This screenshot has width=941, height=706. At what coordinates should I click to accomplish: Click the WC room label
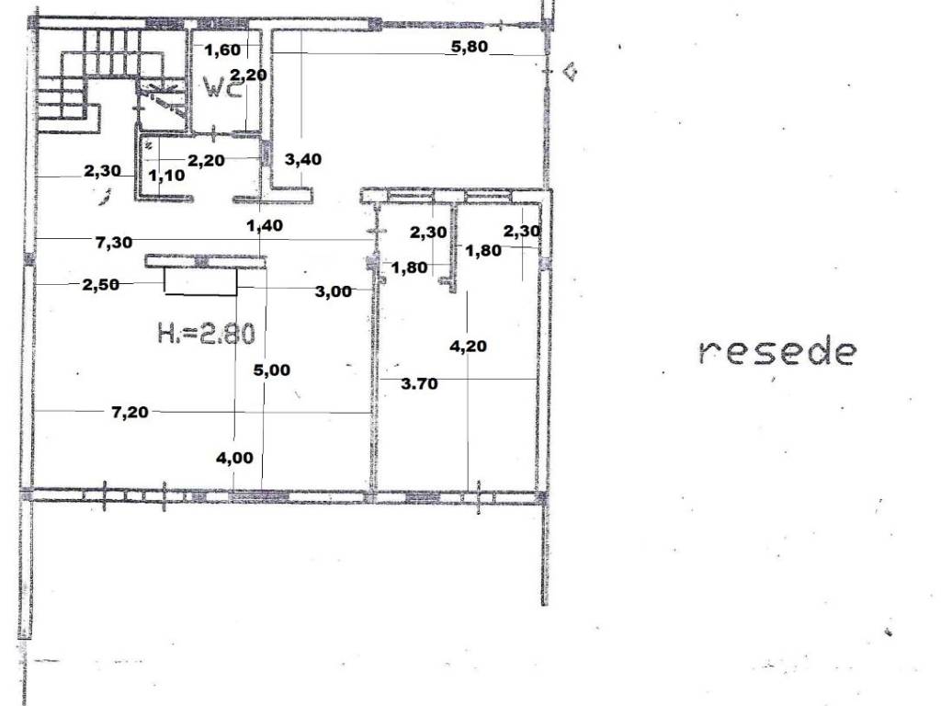[x=223, y=87]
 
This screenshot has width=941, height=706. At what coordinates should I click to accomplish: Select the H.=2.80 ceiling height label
[x=207, y=333]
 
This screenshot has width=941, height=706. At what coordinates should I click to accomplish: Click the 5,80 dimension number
[x=470, y=46]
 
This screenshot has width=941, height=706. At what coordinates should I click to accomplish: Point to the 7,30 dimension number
[x=114, y=242]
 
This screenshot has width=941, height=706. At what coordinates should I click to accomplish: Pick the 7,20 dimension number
[x=130, y=412]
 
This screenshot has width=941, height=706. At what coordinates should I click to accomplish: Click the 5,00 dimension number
[x=271, y=370]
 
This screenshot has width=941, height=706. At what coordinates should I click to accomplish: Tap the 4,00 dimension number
[x=234, y=458]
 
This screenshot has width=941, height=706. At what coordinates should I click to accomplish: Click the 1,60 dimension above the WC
[x=222, y=50]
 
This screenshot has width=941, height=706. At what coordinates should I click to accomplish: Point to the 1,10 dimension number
[x=167, y=176]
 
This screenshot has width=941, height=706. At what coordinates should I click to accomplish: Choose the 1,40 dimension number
[x=265, y=226]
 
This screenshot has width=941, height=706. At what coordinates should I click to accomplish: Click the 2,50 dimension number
[x=101, y=284]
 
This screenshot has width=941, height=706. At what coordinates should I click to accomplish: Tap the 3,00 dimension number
[x=333, y=291]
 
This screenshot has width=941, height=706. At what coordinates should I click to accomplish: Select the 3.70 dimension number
[x=419, y=383]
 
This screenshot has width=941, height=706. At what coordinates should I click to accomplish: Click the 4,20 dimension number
[x=468, y=346]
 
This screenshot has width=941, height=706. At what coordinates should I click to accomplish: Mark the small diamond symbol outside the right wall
[x=570, y=72]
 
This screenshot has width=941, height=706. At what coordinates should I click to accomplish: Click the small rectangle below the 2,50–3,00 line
[x=200, y=281]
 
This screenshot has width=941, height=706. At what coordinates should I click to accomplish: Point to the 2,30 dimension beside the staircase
[x=102, y=171]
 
